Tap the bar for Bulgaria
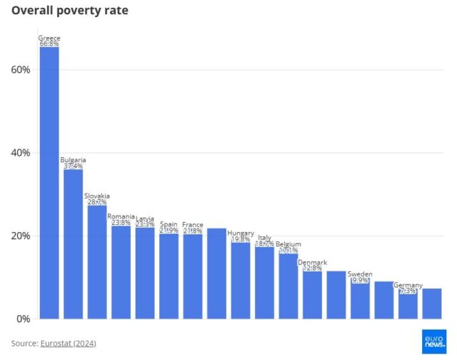(73, 244)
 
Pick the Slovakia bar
(97, 261)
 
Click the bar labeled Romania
(121, 272)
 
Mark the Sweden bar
(360, 300)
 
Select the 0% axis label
(23, 319)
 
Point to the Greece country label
(49, 38)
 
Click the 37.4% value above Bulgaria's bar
(73, 166)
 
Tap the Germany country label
(408, 285)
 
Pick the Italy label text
(264, 237)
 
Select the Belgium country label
(288, 244)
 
